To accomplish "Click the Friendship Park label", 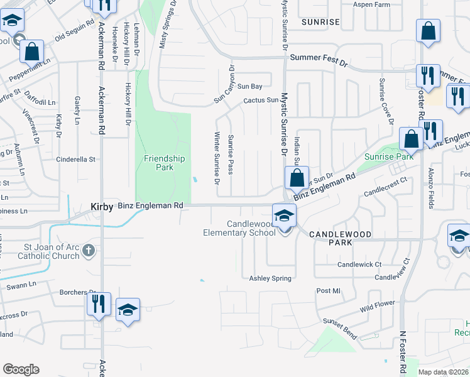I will (164, 163).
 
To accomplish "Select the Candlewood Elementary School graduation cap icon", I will (284, 215).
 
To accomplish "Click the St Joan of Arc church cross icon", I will (89, 251).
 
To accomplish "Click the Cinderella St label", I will (75, 160).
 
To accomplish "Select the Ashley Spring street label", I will (270, 278).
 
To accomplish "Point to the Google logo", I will (21, 369).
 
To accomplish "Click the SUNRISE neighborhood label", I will (320, 22).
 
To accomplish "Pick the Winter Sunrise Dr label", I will (217, 158).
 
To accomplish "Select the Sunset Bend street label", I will (340, 328).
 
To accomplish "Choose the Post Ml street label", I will (328, 291).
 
